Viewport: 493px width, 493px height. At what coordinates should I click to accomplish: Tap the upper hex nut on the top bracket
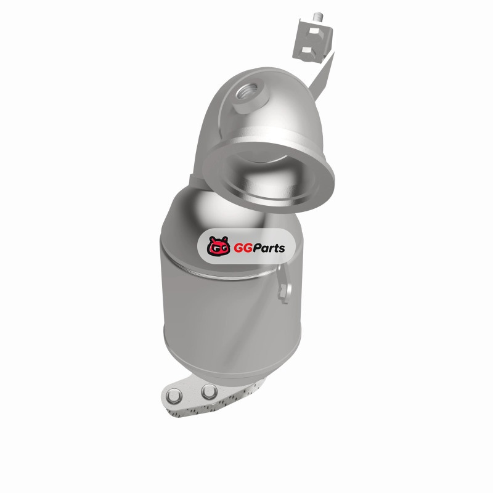pos(314,31)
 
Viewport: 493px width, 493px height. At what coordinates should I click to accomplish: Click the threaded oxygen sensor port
pos(250,94)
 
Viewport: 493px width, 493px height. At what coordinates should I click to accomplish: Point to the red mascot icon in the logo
pos(218,246)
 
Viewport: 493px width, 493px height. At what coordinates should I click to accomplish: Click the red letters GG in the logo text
pos(243,248)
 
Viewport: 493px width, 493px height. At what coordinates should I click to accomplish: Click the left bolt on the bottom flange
pos(174,396)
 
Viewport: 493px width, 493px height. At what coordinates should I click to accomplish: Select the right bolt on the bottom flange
pos(209,391)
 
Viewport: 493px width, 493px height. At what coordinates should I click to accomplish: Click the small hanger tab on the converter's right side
pos(284,283)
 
